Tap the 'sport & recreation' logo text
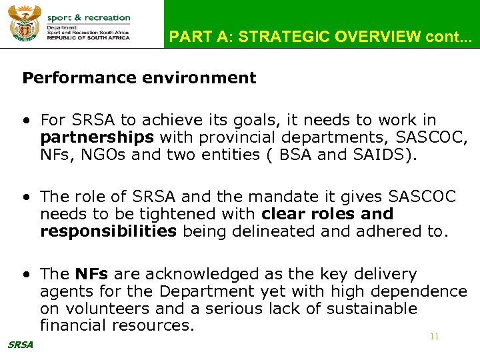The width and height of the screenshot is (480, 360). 89,17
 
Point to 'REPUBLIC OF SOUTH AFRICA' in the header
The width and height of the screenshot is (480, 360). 89,39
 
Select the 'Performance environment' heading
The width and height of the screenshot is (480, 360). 139,78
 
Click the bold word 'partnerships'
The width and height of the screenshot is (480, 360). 97,137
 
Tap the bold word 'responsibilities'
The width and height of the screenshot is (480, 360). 109,231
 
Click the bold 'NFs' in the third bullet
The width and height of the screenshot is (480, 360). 92,274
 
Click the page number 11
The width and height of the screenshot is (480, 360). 434,337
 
